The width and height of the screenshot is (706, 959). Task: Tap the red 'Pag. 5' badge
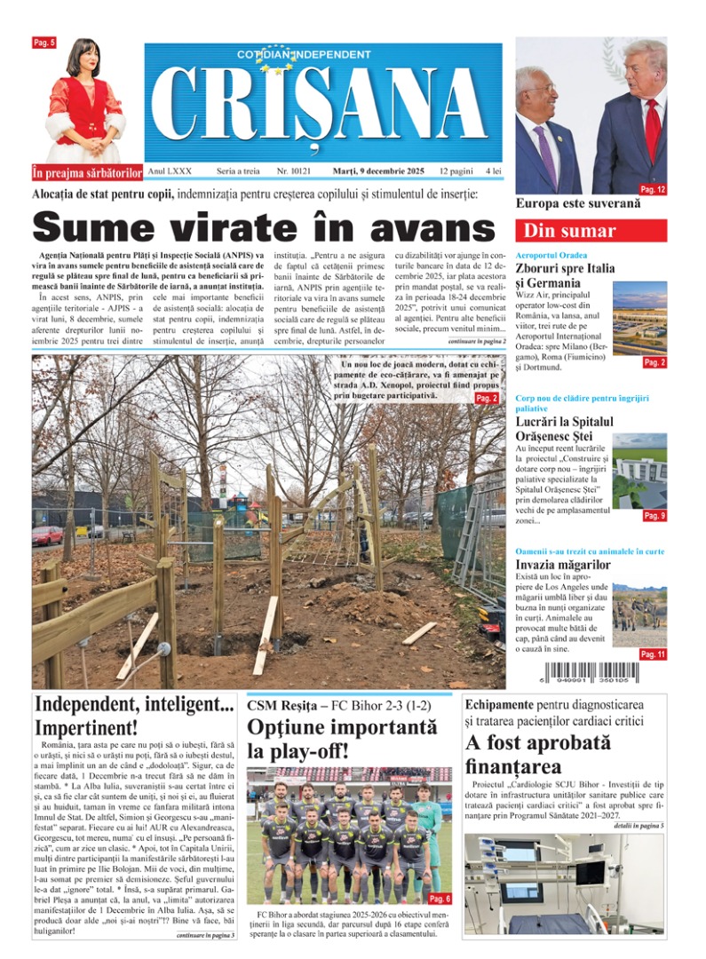44,43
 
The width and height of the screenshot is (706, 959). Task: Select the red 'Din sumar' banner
591,231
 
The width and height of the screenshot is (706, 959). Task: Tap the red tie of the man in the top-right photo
653,129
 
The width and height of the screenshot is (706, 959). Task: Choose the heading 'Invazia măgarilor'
563,565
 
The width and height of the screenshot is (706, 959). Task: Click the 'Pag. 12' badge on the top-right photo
653,189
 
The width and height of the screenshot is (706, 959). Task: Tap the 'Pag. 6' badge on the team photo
439,899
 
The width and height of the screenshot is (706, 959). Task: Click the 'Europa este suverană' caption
564,203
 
